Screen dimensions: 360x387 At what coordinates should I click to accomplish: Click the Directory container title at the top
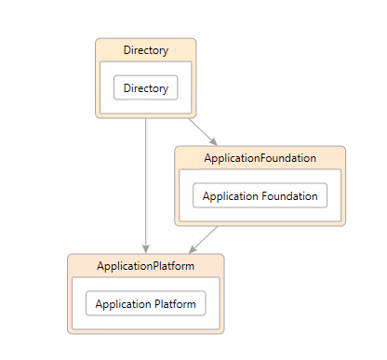(145, 50)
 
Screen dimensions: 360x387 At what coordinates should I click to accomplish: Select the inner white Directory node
(145, 88)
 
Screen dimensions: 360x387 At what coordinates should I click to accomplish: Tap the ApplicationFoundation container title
(260, 158)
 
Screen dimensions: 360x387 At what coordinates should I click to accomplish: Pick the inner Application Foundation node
(260, 196)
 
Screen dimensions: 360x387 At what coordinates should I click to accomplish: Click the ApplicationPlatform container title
(145, 266)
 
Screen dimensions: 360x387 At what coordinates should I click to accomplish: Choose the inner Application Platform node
(145, 304)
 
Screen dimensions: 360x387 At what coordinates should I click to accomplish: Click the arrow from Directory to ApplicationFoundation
(202, 131)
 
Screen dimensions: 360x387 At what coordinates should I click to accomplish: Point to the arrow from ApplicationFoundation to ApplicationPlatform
(204, 239)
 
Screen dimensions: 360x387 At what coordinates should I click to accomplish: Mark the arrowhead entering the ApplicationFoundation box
(213, 141)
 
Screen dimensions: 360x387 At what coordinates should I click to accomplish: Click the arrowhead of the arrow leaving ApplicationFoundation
(193, 248)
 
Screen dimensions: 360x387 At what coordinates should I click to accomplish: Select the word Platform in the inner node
(176, 304)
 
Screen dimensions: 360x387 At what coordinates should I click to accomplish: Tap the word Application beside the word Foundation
(230, 196)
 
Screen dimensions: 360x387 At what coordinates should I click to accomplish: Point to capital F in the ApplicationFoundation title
(263, 158)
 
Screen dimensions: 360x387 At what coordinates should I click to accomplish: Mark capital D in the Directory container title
(127, 50)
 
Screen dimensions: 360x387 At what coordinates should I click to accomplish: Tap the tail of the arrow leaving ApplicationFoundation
(217, 227)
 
